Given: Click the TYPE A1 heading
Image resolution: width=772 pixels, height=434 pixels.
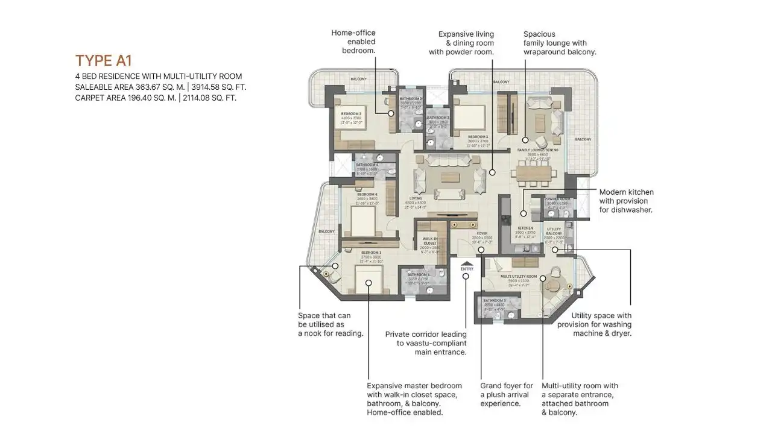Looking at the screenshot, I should click(x=103, y=60).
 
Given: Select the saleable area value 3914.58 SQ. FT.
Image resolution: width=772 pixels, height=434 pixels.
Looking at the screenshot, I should click(x=219, y=87).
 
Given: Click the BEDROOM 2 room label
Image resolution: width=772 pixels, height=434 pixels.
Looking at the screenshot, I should click(x=350, y=113).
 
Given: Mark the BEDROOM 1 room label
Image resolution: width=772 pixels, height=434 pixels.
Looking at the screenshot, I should click(x=371, y=252).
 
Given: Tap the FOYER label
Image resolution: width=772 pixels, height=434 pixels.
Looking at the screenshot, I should click(x=482, y=233).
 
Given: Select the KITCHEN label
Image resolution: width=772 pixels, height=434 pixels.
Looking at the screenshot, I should click(x=525, y=228).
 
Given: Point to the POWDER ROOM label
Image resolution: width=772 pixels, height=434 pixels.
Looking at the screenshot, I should click(x=557, y=199).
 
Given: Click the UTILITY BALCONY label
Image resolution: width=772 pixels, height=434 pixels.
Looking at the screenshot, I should click(x=554, y=231).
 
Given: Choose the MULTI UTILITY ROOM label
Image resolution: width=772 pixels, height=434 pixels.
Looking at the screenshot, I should click(x=519, y=276).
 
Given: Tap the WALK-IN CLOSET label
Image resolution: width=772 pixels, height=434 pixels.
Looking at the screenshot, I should click(x=430, y=241).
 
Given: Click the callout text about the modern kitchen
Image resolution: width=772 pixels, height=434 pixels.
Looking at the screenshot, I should click(x=626, y=201).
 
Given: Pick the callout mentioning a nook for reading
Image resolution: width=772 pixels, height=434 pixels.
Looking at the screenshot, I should click(x=331, y=324).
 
